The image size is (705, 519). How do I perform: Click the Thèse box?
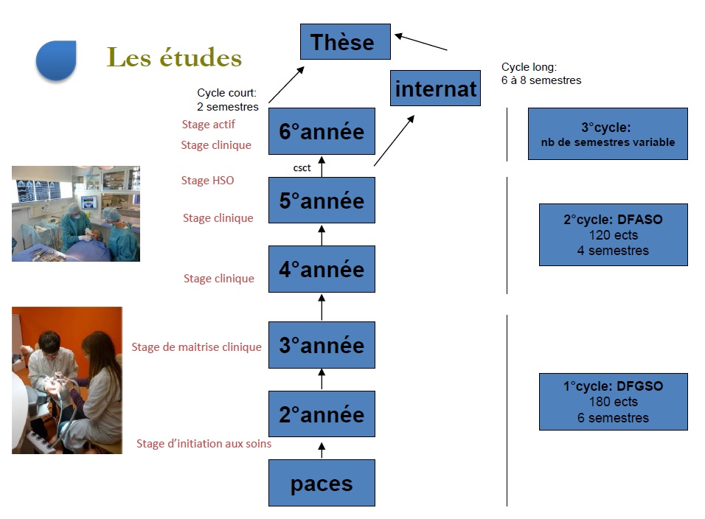pyautogui.click(x=344, y=41)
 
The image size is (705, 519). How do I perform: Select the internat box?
pyautogui.click(x=435, y=88)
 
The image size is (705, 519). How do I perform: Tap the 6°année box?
pyautogui.click(x=322, y=131)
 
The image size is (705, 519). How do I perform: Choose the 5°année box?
pyautogui.click(x=322, y=200)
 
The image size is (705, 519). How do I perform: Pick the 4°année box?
pyautogui.click(x=322, y=269)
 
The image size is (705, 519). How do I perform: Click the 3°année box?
pyautogui.click(x=322, y=345)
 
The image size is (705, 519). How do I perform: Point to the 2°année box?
pyautogui.click(x=322, y=414)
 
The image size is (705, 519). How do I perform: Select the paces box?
pyautogui.click(x=322, y=483)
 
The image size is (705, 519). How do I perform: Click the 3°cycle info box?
pyautogui.click(x=608, y=133)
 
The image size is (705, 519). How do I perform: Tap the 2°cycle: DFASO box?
pyautogui.click(x=613, y=234)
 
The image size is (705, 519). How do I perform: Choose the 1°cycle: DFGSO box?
pyautogui.click(x=613, y=402)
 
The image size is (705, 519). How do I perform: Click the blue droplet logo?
pyautogui.click(x=56, y=60)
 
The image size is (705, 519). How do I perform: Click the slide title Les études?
pyautogui.click(x=174, y=58)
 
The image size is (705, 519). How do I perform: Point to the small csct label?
pyautogui.click(x=302, y=168)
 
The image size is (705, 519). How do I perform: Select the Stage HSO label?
pyautogui.click(x=207, y=180)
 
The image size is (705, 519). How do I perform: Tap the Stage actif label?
pyautogui.click(x=208, y=125)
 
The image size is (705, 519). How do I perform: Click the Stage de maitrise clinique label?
pyautogui.click(x=196, y=346)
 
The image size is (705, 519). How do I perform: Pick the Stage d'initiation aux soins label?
pyautogui.click(x=204, y=444)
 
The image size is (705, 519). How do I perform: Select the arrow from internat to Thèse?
pyautogui.click(x=421, y=41)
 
